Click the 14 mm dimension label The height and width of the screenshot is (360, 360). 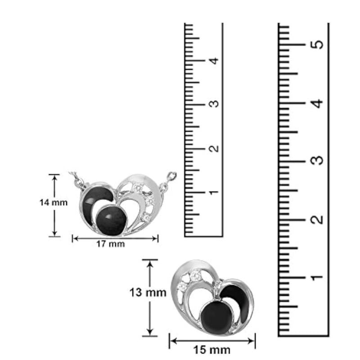(x=54, y=202)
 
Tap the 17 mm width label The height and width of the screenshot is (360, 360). (x=110, y=244)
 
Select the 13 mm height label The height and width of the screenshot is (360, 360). (x=148, y=292)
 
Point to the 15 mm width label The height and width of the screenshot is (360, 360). (x=211, y=350)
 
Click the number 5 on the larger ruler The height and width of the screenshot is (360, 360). (x=317, y=44)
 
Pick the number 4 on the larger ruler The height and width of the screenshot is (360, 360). (x=317, y=103)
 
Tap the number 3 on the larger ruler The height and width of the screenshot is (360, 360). (x=317, y=161)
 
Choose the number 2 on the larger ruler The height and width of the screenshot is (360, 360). (x=317, y=220)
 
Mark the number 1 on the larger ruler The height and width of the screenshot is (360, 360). (x=317, y=277)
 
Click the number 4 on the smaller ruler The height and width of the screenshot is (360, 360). (x=214, y=61)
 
